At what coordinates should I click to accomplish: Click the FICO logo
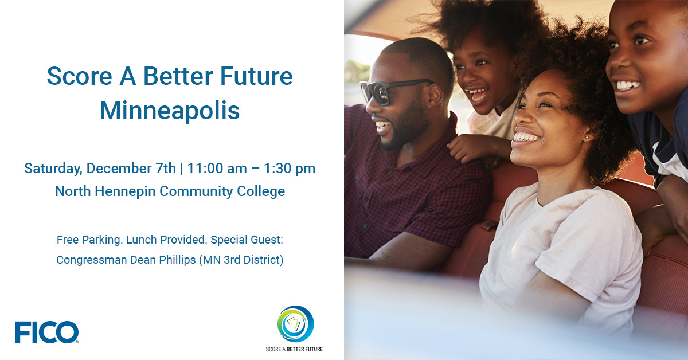[x=46, y=332]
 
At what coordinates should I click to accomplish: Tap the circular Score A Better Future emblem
[x=295, y=324]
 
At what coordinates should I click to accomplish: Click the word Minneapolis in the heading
[x=170, y=111]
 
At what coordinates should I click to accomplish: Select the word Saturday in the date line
[x=53, y=169]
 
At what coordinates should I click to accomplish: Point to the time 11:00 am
[x=217, y=169]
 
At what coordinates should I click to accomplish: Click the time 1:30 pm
[x=290, y=169]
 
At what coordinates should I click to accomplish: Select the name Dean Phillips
[x=163, y=260]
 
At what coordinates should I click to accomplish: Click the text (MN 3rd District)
[x=241, y=260]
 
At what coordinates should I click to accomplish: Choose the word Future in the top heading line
[x=256, y=76]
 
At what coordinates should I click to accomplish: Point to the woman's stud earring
[x=587, y=138]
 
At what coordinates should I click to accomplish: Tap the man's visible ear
[x=436, y=96]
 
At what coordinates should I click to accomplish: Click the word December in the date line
[x=131, y=169]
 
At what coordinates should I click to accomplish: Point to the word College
[x=261, y=191]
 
